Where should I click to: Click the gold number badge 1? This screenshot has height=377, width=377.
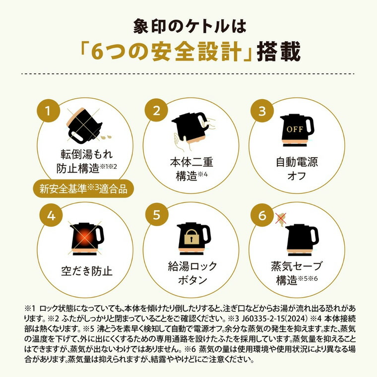point(49,111)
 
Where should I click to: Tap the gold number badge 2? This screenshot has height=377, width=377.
point(156,111)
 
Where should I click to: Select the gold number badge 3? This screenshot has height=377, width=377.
point(262,111)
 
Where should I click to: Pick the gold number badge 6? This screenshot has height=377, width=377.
point(262,216)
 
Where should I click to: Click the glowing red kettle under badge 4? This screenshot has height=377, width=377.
point(85,237)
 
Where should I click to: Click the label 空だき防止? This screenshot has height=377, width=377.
point(84,271)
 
